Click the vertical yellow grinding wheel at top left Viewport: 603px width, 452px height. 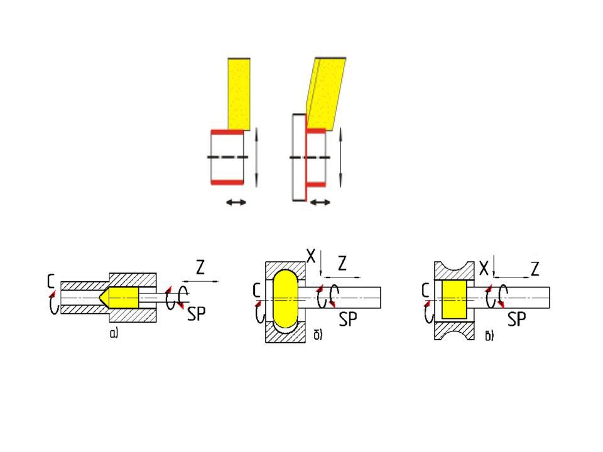[239, 94]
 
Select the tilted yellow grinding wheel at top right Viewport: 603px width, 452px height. [326, 94]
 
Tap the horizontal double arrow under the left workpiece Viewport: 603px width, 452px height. [236, 202]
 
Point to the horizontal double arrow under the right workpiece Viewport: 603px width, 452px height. [320, 202]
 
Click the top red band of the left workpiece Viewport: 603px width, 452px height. [227, 132]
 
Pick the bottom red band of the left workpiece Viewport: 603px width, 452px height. [227, 182]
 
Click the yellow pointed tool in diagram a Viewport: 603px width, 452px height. [119, 297]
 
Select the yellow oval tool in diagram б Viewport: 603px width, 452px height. [286, 299]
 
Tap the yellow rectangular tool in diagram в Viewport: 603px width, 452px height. [454, 299]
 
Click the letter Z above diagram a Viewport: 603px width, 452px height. [200, 267]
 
